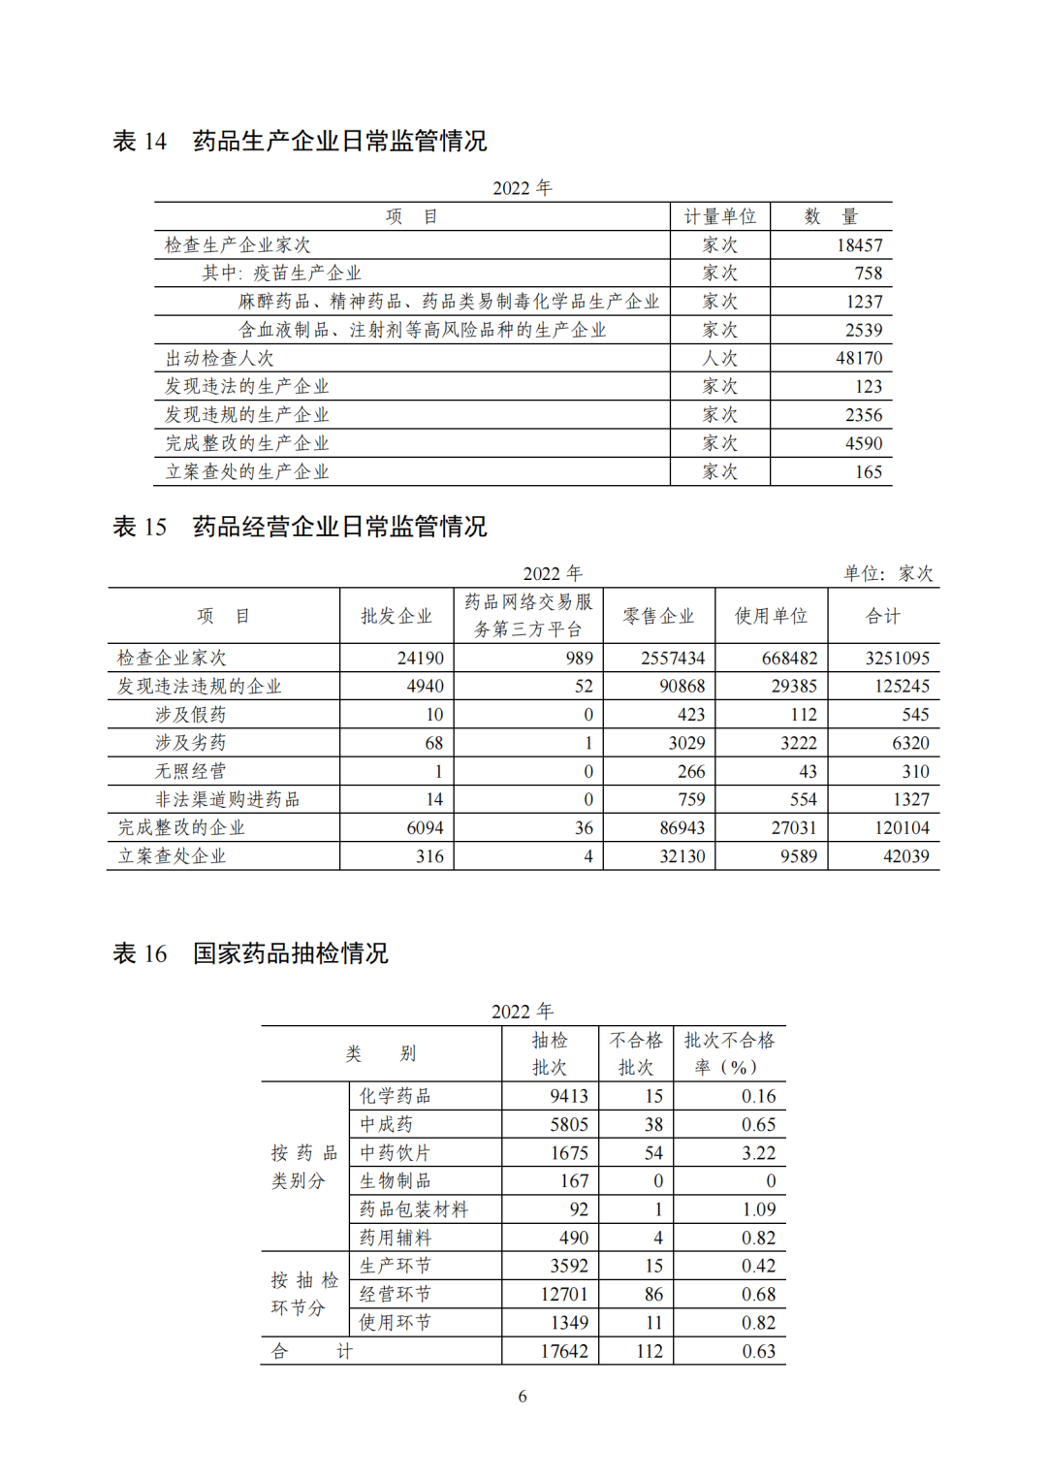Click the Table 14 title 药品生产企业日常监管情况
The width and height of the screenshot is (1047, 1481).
(339, 142)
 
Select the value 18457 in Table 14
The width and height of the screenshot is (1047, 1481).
(859, 245)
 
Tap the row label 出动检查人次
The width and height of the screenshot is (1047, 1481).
(219, 359)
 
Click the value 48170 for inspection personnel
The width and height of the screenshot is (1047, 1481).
(859, 359)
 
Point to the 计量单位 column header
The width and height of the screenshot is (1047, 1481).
(719, 216)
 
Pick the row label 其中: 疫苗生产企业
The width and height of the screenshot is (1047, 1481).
(281, 274)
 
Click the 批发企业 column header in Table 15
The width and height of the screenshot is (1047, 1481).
(397, 616)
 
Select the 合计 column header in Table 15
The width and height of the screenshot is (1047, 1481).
(883, 616)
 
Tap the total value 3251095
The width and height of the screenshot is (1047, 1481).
(897, 659)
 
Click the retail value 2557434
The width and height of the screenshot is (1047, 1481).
(672, 659)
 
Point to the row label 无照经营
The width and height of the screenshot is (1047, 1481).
(190, 771)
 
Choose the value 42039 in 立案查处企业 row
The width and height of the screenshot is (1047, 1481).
(905, 856)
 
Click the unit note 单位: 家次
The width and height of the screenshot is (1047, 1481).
(888, 573)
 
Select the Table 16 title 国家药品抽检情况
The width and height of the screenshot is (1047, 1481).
(290, 953)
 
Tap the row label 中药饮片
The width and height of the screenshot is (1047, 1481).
(395, 1153)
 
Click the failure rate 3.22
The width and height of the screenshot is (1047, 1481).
(758, 1153)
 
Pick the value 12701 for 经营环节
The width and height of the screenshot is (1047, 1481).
(564, 1295)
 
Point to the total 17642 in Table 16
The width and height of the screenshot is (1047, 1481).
(564, 1351)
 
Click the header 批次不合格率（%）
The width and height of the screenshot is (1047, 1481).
(729, 1053)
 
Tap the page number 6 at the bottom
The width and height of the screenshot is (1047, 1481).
(523, 1397)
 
